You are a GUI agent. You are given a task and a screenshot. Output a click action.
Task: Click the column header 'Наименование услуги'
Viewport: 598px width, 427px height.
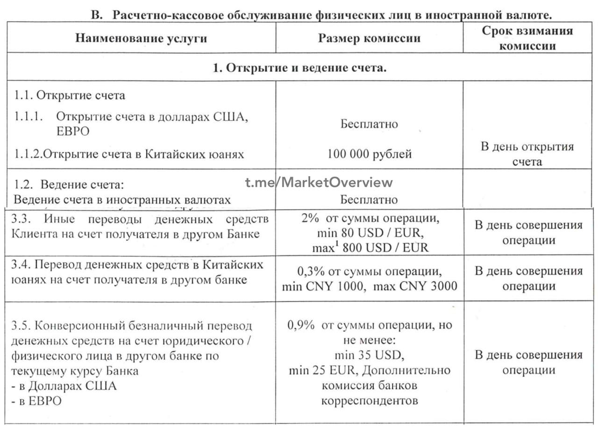coord(141,38)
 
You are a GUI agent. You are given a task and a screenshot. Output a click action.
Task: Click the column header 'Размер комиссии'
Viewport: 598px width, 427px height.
coord(369,38)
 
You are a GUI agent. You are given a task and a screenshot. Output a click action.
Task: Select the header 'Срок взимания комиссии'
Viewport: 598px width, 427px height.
coord(527,38)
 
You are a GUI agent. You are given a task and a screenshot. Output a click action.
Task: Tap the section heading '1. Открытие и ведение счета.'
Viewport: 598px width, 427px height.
coord(299,68)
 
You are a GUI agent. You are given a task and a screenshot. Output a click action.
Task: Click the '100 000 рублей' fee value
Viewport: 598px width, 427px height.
coord(369,154)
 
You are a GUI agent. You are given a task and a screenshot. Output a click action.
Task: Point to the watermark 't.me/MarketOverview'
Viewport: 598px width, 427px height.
coord(319,183)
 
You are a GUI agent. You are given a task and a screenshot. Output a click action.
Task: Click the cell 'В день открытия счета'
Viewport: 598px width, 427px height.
coord(527,154)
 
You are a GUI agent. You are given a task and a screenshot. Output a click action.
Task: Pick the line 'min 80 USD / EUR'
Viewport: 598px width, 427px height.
coord(369,232)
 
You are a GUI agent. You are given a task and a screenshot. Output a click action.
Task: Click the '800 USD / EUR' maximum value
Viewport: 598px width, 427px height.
coord(385,248)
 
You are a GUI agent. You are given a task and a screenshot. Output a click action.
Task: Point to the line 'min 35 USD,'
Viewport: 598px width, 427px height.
coord(369,356)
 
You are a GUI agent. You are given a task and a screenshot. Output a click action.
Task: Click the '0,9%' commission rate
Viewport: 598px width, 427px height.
coord(301,325)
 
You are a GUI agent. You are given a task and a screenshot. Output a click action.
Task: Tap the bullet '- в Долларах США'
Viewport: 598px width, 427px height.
coord(65,386)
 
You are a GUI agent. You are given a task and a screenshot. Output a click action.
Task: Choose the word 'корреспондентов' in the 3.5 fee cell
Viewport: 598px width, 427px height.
coord(369,401)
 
